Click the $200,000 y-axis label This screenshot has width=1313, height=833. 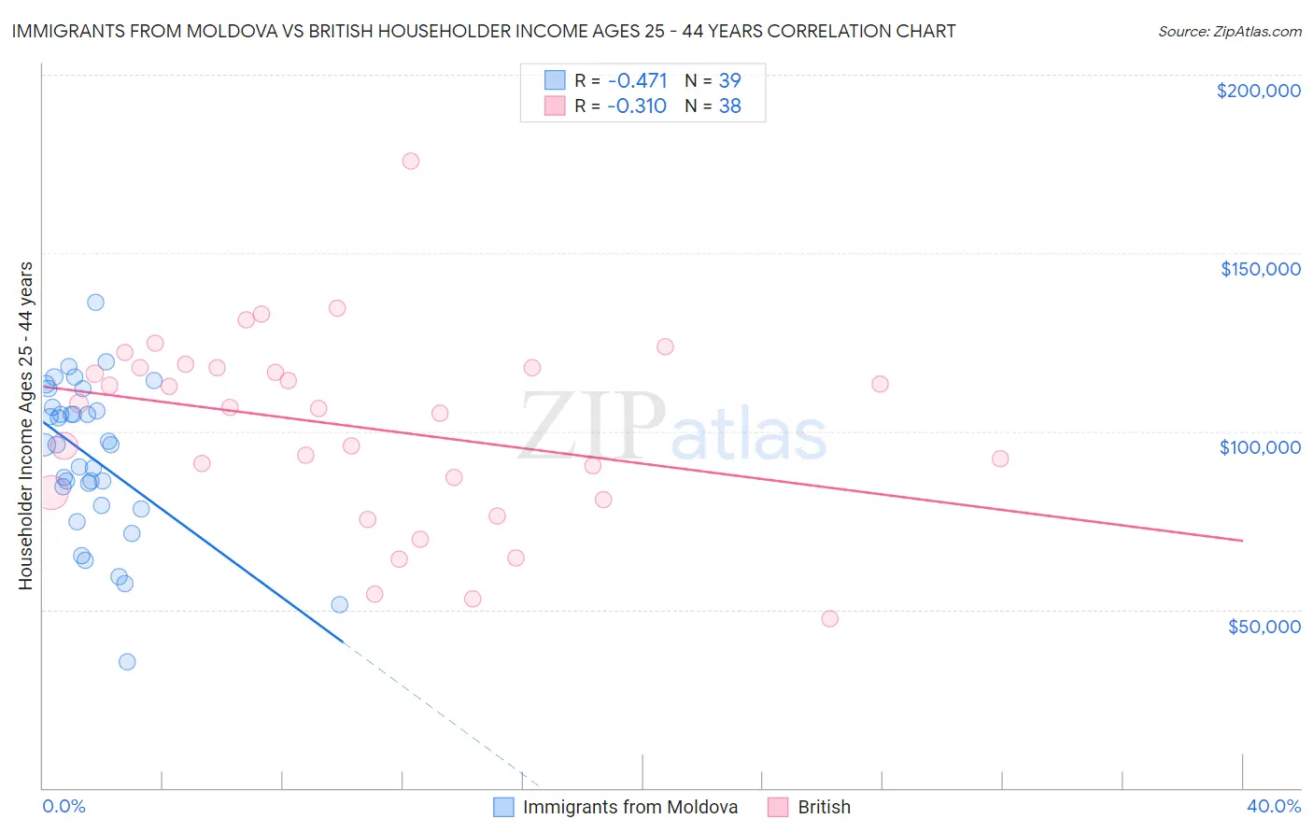pyautogui.click(x=1258, y=91)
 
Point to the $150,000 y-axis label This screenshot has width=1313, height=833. pyautogui.click(x=1260, y=269)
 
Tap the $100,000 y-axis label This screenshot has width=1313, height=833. pyautogui.click(x=1260, y=447)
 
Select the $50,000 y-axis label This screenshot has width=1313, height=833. pyautogui.click(x=1264, y=626)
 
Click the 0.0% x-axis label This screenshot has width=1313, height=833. pyautogui.click(x=64, y=806)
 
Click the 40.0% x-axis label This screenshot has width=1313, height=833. pyautogui.click(x=1274, y=806)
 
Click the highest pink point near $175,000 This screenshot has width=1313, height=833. pyautogui.click(x=411, y=161)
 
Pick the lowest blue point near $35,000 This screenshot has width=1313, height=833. pyautogui.click(x=127, y=662)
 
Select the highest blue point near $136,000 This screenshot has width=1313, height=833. pyautogui.click(x=95, y=303)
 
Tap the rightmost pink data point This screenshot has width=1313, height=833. pyautogui.click(x=1000, y=459)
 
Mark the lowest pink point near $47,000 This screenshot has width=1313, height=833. pyautogui.click(x=830, y=618)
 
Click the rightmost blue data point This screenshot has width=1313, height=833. pyautogui.click(x=340, y=604)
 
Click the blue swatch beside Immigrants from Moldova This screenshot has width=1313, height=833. pyautogui.click(x=503, y=807)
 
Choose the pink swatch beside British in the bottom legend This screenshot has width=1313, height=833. pyautogui.click(x=778, y=807)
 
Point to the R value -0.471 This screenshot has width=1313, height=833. pyautogui.click(x=637, y=81)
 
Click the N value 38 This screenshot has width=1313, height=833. pyautogui.click(x=729, y=106)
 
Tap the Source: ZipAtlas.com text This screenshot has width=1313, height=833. pyautogui.click(x=1229, y=32)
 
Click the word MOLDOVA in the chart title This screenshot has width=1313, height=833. pyautogui.click(x=241, y=31)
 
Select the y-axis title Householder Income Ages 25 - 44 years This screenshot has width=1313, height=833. pyautogui.click(x=26, y=425)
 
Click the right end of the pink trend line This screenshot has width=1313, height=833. pyautogui.click(x=1242, y=541)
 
